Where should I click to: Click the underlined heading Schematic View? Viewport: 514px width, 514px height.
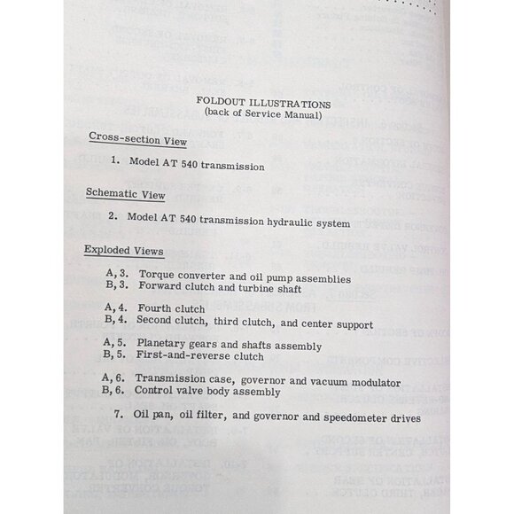(125, 193)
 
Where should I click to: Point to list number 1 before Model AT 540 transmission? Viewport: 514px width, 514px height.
(115, 161)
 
